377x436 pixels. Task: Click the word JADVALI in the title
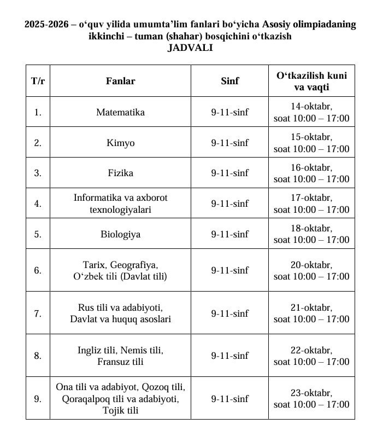[x=190, y=48]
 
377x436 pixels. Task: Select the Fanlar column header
[x=120, y=81]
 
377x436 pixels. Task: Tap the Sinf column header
[x=229, y=81]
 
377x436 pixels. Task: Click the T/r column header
[x=38, y=81]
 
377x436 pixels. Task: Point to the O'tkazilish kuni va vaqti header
[x=311, y=81]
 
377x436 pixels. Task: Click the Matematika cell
[x=120, y=112]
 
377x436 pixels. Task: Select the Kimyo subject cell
[x=120, y=143]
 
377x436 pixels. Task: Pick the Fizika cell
[x=120, y=173]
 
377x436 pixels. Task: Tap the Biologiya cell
[x=120, y=234]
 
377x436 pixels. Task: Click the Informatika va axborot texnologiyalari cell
[x=120, y=204]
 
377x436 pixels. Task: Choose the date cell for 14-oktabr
[x=311, y=112]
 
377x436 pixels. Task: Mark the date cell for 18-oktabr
[x=311, y=234]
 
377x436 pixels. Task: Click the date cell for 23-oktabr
[x=311, y=399]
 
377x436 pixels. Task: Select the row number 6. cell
[x=38, y=270]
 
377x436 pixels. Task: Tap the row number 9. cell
[x=38, y=399]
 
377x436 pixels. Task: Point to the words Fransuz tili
[x=120, y=362]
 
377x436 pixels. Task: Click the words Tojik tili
[x=120, y=410]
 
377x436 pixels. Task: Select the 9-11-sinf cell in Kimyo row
[x=229, y=143]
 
